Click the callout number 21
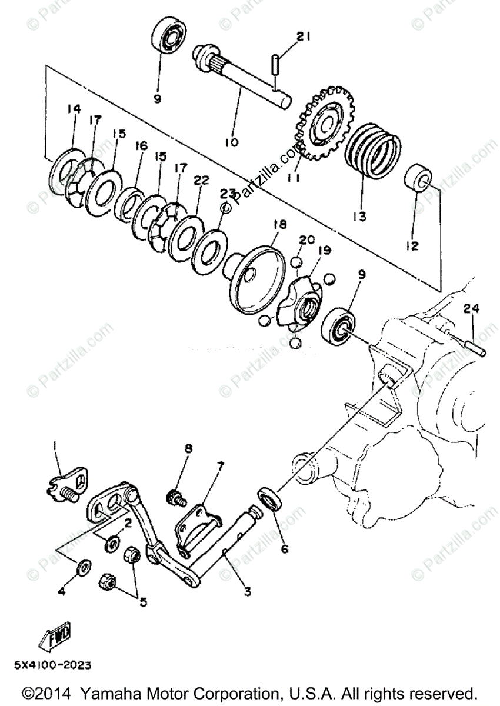[302, 37]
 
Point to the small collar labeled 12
[419, 176]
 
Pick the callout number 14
[73, 109]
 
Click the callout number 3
[247, 591]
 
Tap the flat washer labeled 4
[84, 568]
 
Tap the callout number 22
[201, 181]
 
